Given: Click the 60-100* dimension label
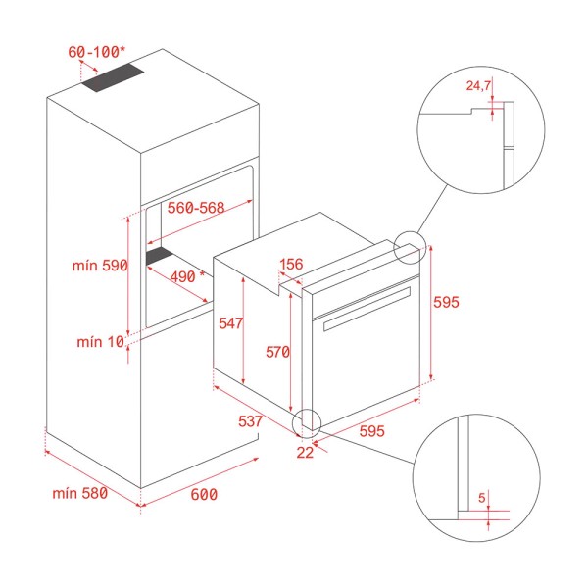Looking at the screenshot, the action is (x=96, y=52).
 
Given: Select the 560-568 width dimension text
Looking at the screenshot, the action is (x=196, y=208).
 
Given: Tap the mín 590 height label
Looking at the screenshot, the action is (x=100, y=266).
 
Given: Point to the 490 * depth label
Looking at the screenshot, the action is (x=187, y=276).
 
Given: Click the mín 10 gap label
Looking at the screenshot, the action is (x=101, y=342).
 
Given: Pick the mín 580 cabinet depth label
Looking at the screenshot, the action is (x=80, y=493).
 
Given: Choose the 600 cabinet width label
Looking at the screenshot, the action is (x=204, y=494).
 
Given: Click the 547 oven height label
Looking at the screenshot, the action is (x=231, y=323).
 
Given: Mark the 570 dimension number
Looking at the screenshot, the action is (x=278, y=352).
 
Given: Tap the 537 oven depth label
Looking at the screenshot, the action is (x=250, y=421).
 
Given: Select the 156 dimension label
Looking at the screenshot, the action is (x=291, y=264).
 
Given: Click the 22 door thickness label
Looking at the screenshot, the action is (x=305, y=453).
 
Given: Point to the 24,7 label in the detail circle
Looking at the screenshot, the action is (x=478, y=86).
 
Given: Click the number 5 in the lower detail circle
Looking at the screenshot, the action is (x=482, y=498).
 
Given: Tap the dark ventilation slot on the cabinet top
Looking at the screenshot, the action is (x=113, y=77).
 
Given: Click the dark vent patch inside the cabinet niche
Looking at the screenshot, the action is (x=160, y=256).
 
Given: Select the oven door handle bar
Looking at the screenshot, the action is (x=367, y=309).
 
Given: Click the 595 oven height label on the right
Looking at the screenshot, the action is (x=446, y=302).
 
